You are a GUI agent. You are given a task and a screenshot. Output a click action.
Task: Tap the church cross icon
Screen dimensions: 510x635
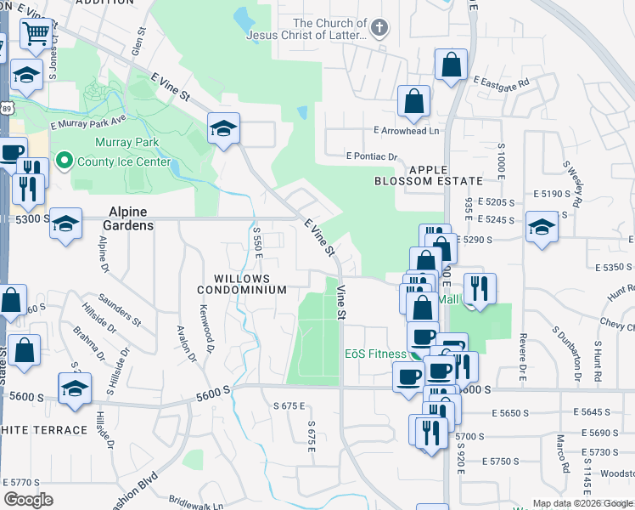[x=379, y=28]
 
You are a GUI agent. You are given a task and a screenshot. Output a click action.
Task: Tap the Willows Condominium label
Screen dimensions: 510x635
[x=242, y=284]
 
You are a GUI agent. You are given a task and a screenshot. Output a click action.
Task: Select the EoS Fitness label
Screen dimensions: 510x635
[x=374, y=354]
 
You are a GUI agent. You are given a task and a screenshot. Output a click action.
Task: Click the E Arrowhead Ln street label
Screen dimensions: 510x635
[x=407, y=131]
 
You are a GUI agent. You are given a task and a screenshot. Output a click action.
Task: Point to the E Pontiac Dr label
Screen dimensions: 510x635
[x=372, y=156]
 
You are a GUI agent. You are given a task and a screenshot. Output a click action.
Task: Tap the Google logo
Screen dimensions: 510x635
[x=28, y=499]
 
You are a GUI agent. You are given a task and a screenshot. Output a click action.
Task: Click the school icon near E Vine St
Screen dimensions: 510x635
[x=223, y=129]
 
